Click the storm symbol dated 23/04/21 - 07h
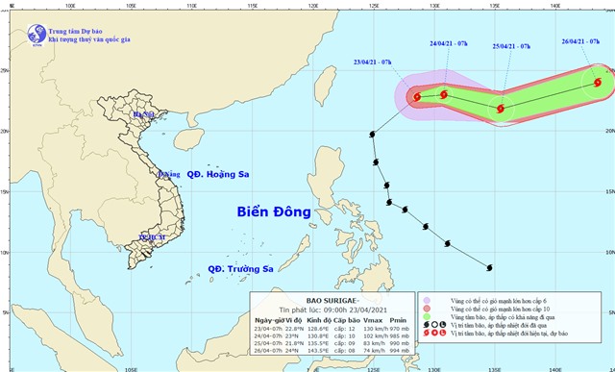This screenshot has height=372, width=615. pos(417,96)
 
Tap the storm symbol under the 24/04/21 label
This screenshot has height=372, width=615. pos(444,94)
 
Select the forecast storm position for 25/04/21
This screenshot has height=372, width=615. pos(501,109)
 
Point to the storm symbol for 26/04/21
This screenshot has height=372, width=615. pos(600,84)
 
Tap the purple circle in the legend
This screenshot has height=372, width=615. pos(426,302)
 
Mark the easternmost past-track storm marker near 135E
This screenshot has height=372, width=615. pos(489,267)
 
